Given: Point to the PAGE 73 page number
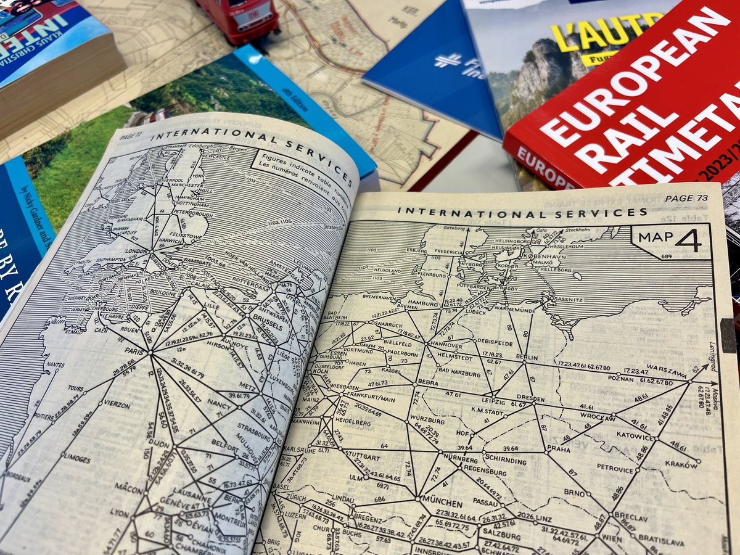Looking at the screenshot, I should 686,198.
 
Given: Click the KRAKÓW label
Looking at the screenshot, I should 681,466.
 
